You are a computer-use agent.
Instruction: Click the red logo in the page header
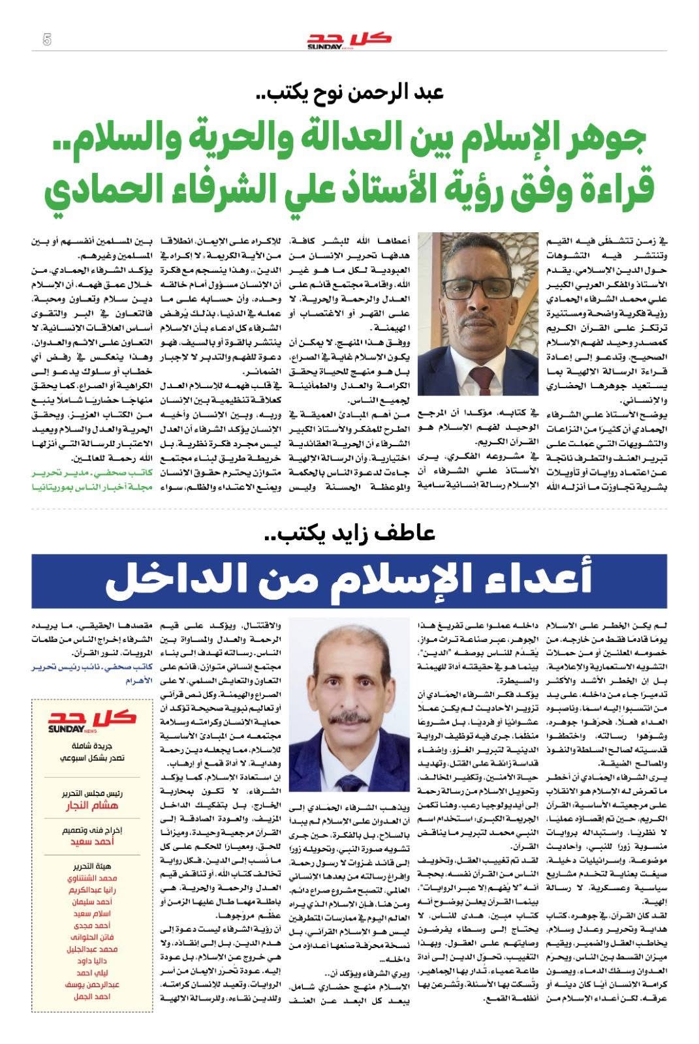click(350, 40)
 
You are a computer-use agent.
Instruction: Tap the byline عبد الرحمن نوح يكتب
click(350, 92)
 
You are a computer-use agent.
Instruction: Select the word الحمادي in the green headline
click(98, 189)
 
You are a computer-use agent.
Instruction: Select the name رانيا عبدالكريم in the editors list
click(92, 891)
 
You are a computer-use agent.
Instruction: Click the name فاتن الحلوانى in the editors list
click(92, 938)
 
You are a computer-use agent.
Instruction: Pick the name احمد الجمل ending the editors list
click(92, 996)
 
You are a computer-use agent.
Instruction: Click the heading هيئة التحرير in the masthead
click(92, 866)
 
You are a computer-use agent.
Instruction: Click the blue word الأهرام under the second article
click(138, 681)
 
